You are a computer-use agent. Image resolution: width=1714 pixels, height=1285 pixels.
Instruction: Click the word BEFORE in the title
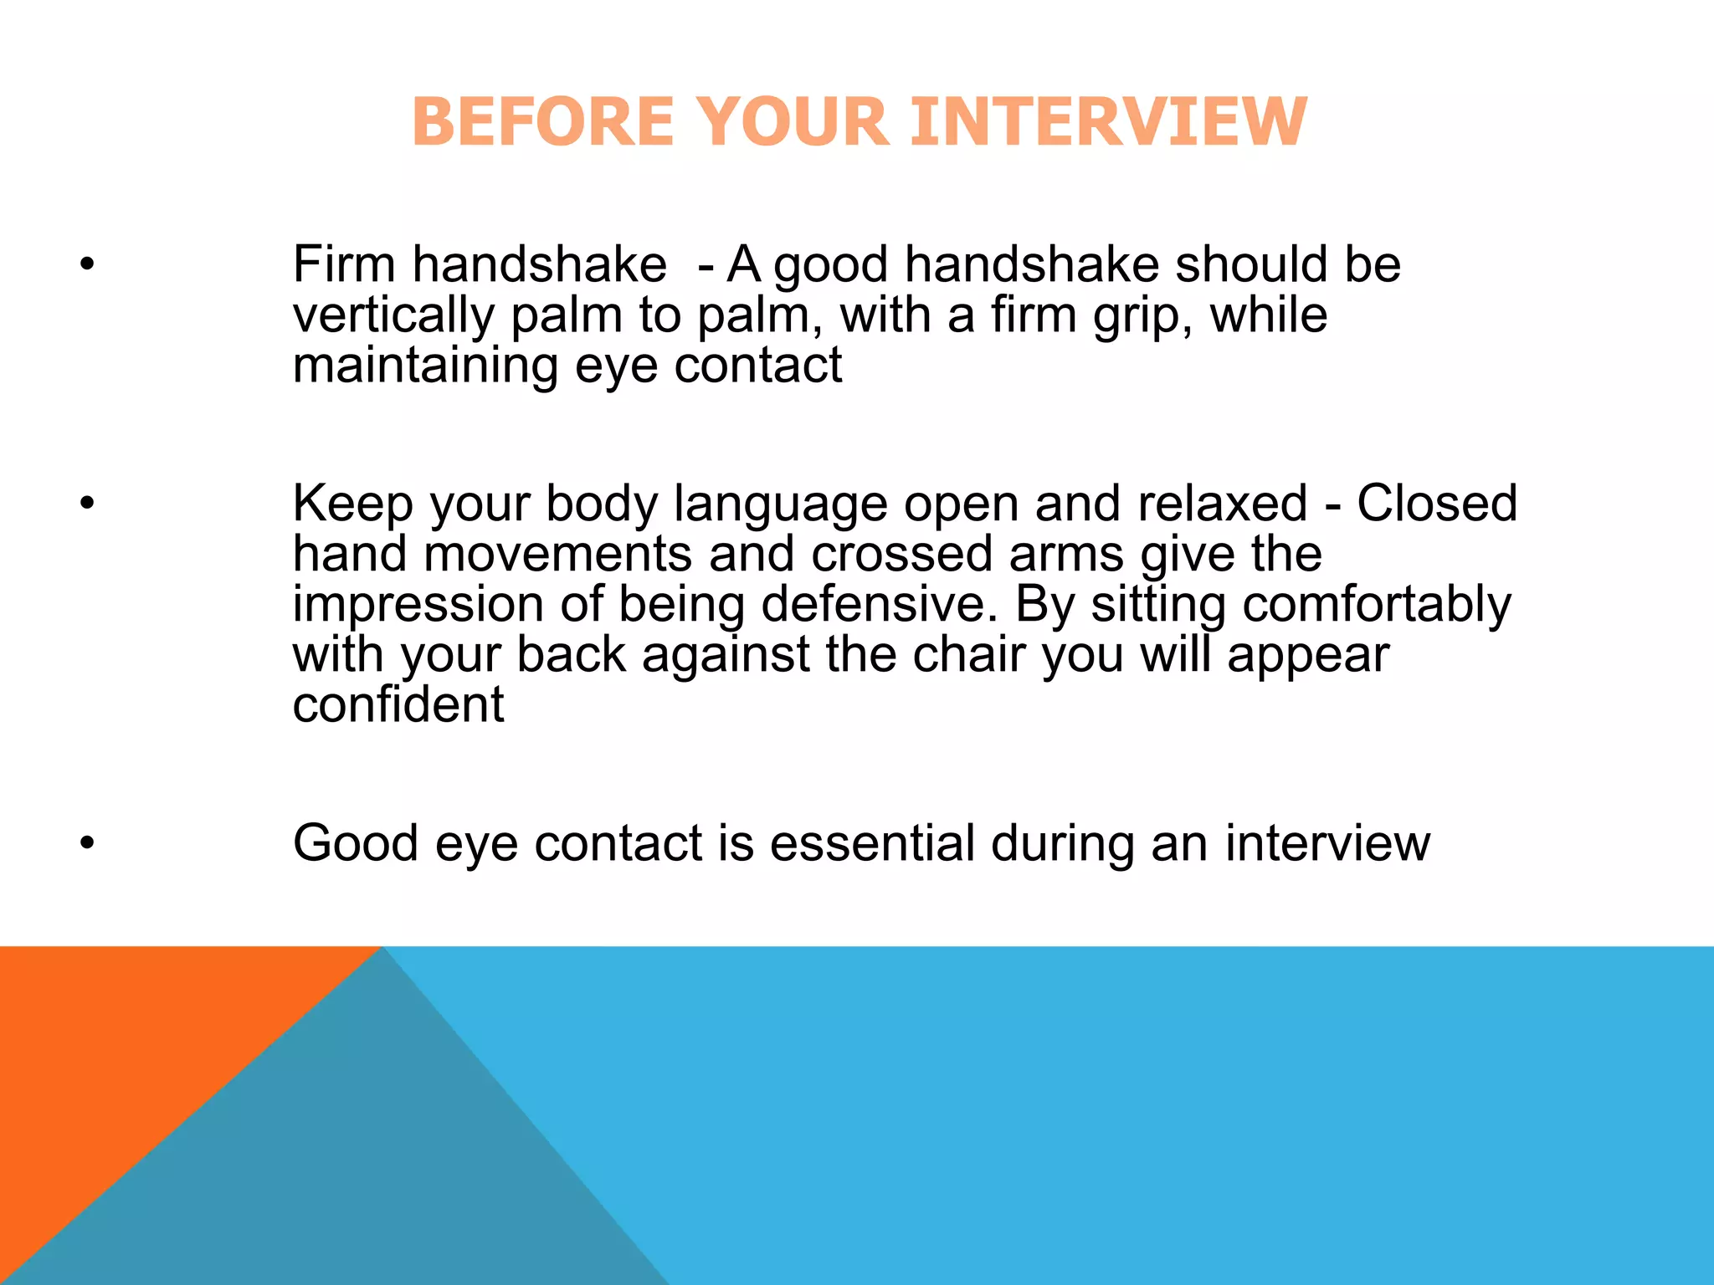pyautogui.click(x=542, y=122)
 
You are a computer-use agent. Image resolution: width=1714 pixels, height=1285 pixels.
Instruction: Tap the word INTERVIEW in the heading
pyautogui.click(x=1108, y=122)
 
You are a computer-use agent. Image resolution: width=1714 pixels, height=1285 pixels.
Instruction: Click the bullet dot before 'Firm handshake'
pyautogui.click(x=87, y=265)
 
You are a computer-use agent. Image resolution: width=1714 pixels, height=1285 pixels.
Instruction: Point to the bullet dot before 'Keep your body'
pyautogui.click(x=87, y=504)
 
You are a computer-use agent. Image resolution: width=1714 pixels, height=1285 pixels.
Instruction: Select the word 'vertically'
pyautogui.click(x=393, y=316)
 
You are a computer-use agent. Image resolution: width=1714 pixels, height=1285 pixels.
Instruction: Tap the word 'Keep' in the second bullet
pyautogui.click(x=352, y=504)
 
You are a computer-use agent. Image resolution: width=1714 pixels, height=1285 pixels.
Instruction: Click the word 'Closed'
pyautogui.click(x=1436, y=504)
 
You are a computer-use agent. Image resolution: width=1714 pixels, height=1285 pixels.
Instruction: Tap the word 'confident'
pyautogui.click(x=398, y=704)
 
